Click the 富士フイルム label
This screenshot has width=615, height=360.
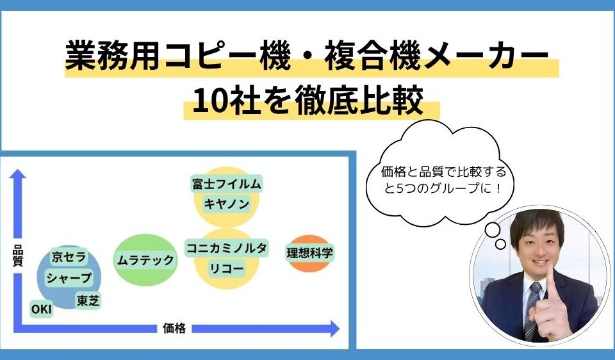pos(227,184)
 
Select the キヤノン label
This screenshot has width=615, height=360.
pos(227,204)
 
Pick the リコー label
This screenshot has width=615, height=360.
pos(227,268)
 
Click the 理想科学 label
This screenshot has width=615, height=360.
pos(309,252)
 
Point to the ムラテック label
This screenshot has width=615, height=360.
pos(145,259)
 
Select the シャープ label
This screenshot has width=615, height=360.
pos(69,279)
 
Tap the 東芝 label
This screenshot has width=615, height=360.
pos(88,300)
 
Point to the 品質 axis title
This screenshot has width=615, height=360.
pos(18,259)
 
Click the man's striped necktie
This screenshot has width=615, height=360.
pos(533,314)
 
